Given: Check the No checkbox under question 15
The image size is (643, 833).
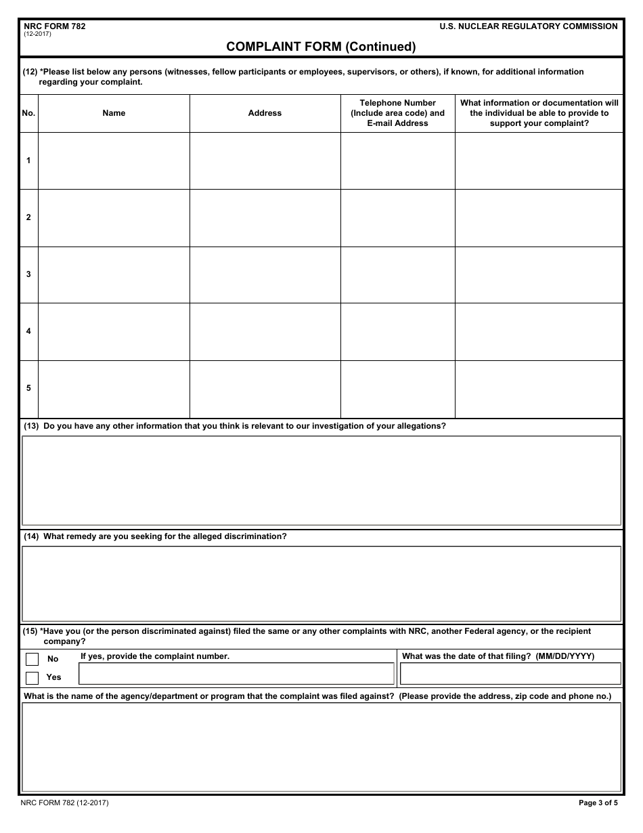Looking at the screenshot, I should (32, 659).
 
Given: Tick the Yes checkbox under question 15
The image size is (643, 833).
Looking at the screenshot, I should (32, 677).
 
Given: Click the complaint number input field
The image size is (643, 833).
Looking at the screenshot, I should (236, 673).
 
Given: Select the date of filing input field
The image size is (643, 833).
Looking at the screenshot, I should (510, 673).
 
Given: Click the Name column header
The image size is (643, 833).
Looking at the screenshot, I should (114, 113).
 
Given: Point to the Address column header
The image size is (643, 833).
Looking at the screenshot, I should (265, 113).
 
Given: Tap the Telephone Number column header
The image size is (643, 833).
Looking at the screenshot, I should (397, 113).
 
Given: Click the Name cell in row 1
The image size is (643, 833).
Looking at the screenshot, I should (114, 161).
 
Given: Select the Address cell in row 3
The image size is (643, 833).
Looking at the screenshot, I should (265, 274).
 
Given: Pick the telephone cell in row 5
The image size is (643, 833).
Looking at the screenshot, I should (397, 388).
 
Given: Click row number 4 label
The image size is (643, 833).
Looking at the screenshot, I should (28, 331).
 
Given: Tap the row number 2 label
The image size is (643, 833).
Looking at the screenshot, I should (28, 217).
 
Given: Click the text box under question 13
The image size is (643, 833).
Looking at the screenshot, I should (321, 480).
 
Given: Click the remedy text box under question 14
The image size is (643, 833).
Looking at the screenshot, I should (321, 584).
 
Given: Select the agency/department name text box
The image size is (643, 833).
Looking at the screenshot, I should (321, 747).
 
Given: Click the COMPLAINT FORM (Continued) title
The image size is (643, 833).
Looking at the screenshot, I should (321, 47).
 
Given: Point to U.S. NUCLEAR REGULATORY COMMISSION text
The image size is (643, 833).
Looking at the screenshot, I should (528, 26).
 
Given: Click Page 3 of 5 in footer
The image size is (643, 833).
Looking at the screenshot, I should (598, 803).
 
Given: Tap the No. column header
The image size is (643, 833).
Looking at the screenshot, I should (28, 113).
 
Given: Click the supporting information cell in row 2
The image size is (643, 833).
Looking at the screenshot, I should (539, 217).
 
